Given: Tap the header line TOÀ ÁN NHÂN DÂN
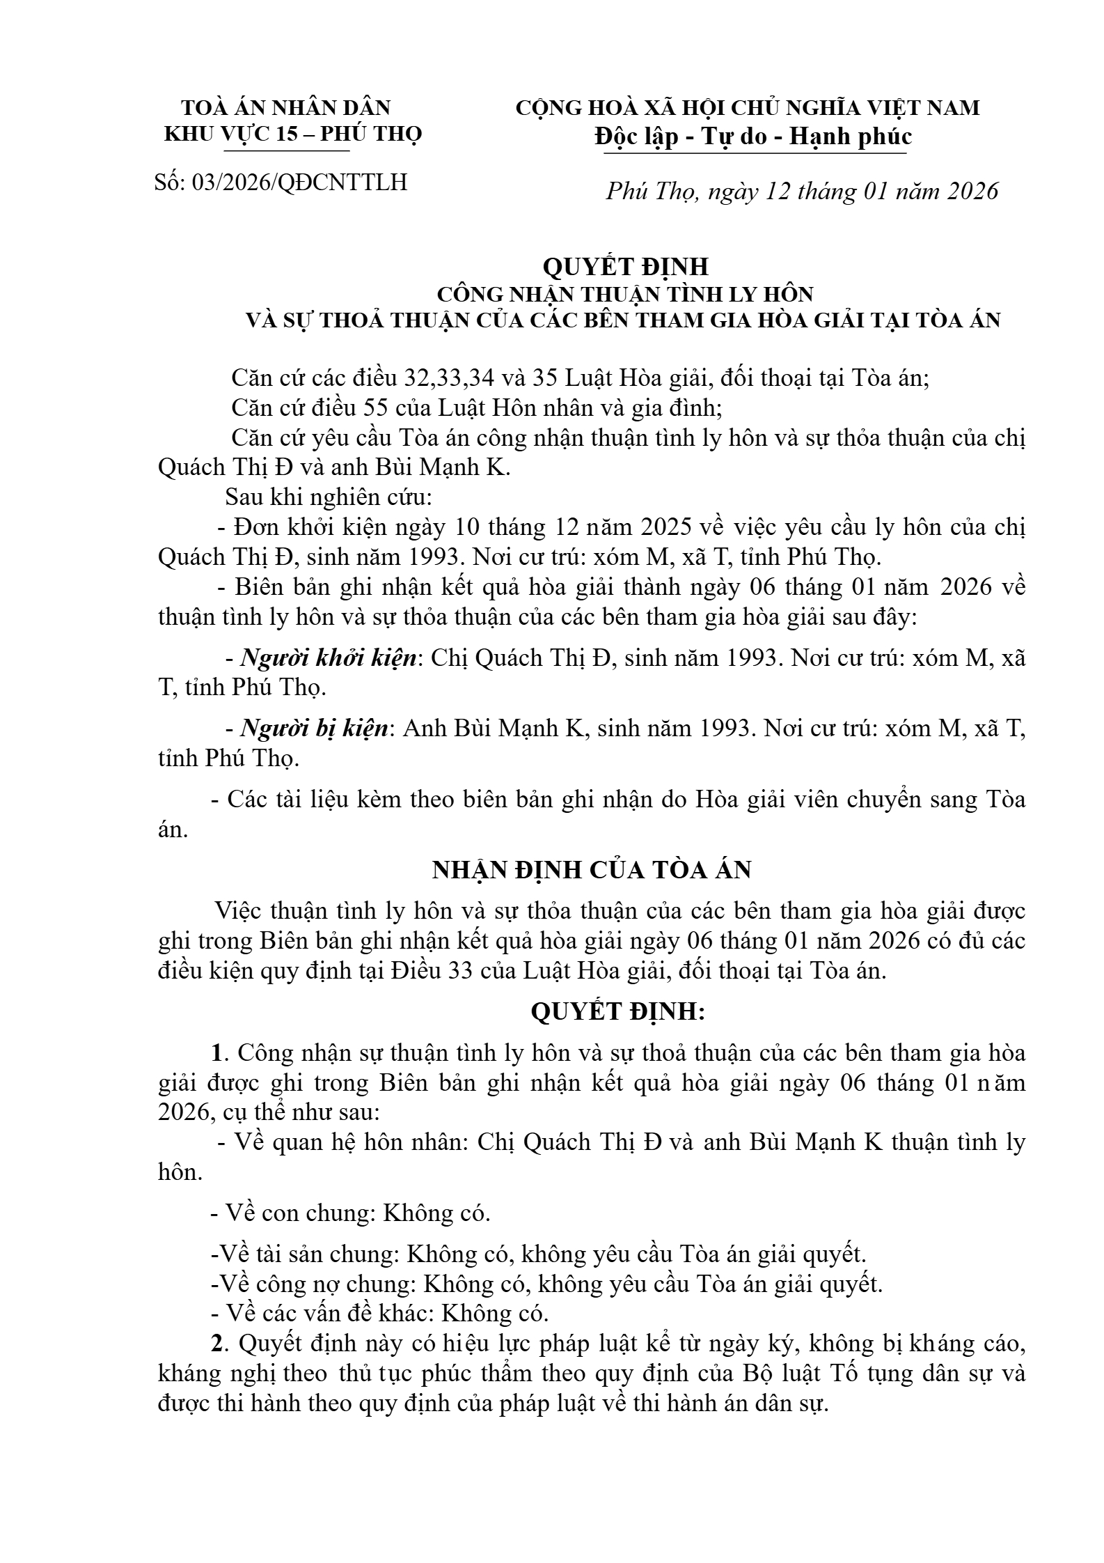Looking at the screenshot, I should [286, 108].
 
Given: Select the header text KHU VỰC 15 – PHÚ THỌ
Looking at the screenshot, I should [293, 134].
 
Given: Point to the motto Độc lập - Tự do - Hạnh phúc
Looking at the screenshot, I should [753, 136].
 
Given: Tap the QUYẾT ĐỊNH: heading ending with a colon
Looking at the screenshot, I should [618, 1012].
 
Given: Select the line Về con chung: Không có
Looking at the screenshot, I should [351, 1213].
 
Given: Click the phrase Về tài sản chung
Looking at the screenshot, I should [303, 1254].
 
